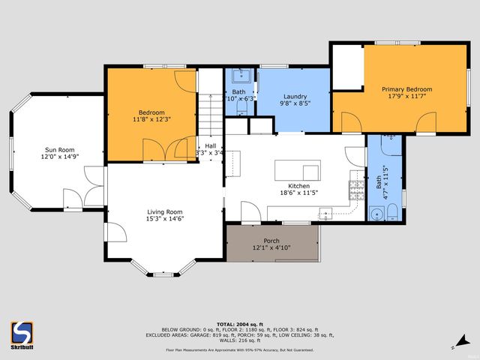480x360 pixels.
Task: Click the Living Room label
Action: click(165, 211)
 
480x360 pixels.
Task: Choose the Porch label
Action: click(271, 241)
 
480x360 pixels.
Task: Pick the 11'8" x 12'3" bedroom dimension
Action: click(152, 118)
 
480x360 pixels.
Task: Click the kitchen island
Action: click(297, 169)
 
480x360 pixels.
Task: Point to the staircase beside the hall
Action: click(211, 112)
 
